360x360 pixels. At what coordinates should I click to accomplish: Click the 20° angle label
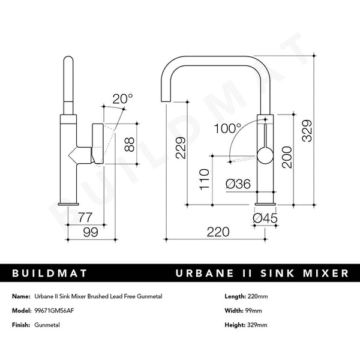point(123,98)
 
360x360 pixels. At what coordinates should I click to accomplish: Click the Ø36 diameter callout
point(238,185)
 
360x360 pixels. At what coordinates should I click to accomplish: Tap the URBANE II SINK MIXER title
point(262,273)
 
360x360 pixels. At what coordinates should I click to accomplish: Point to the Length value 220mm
point(257,297)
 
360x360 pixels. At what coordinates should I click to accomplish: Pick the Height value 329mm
point(257,325)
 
